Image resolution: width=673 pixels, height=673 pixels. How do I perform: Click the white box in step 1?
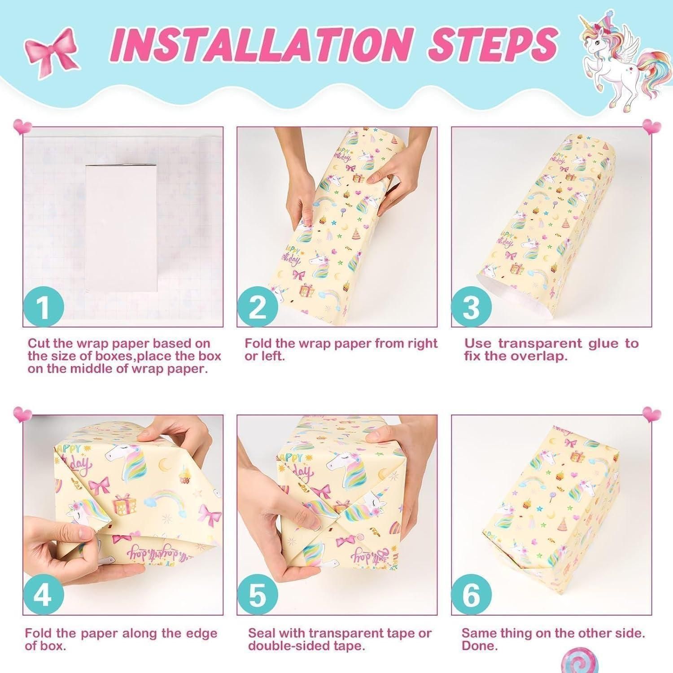click(x=121, y=227)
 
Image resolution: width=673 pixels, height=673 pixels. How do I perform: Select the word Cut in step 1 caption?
click(x=39, y=344)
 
